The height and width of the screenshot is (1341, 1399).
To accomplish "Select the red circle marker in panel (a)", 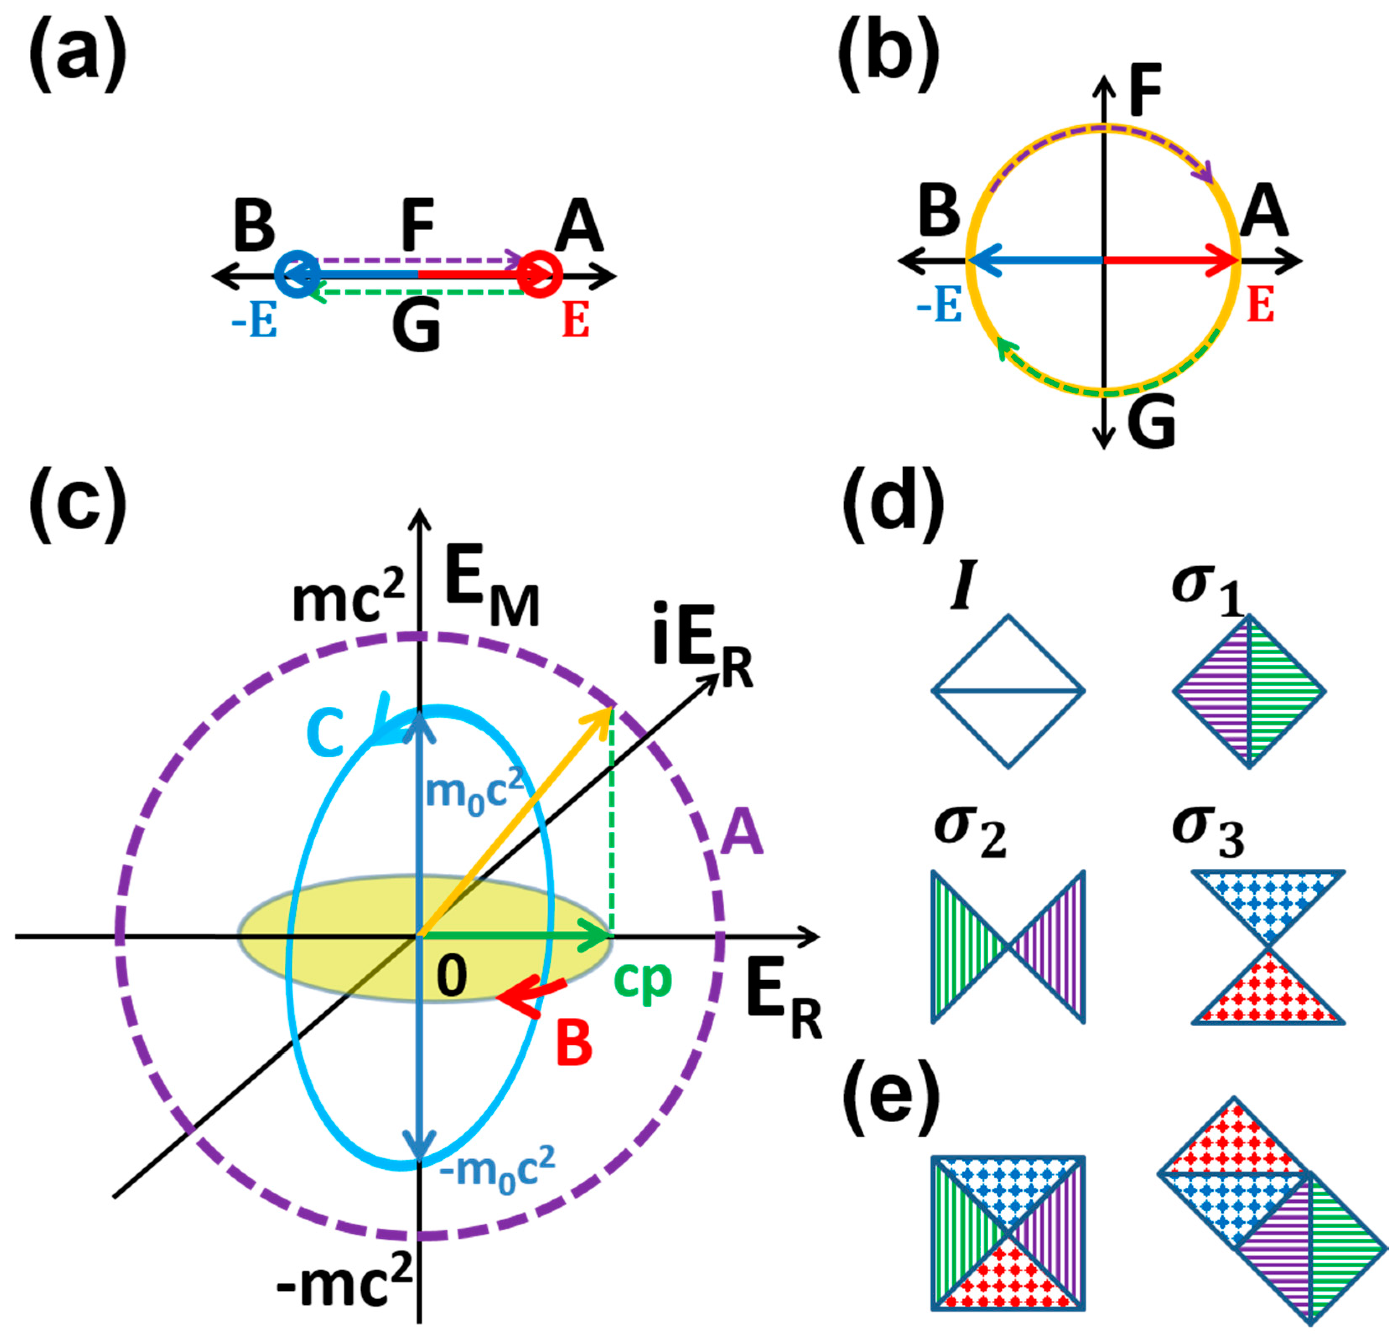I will coord(540,273).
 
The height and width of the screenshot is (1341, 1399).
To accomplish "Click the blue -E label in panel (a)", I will coord(254,323).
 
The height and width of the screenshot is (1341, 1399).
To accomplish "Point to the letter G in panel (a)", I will coord(416,328).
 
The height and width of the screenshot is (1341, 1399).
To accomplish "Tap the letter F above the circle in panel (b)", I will coord(1145,91).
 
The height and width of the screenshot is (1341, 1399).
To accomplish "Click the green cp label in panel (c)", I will coord(643,981).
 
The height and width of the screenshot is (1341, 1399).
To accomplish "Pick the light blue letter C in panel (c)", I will coord(326,735).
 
